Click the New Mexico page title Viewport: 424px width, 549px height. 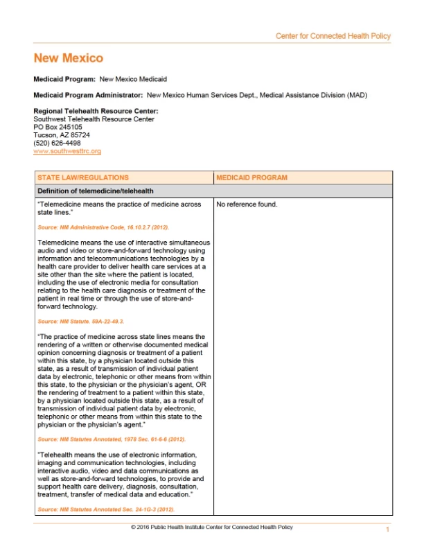pyautogui.click(x=68, y=58)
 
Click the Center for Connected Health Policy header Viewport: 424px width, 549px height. pyautogui.click(x=333, y=36)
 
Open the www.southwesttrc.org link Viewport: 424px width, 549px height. pyautogui.click(x=58, y=150)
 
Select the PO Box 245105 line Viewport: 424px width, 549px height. pyautogui.click(x=58, y=127)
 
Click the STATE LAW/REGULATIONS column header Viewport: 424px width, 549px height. pyautogui.click(x=82, y=178)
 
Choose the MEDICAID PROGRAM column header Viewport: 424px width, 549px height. pyautogui.click(x=251, y=178)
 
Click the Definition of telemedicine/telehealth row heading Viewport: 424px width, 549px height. pyautogui.click(x=96, y=191)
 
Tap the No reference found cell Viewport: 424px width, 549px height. pyautogui.click(x=247, y=204)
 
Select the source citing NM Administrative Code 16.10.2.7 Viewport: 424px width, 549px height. pyautogui.click(x=103, y=227)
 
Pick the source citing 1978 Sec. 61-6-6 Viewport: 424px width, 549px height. pyautogui.click(x=112, y=439)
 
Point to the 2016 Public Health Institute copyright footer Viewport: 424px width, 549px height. pyautogui.click(x=211, y=528)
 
